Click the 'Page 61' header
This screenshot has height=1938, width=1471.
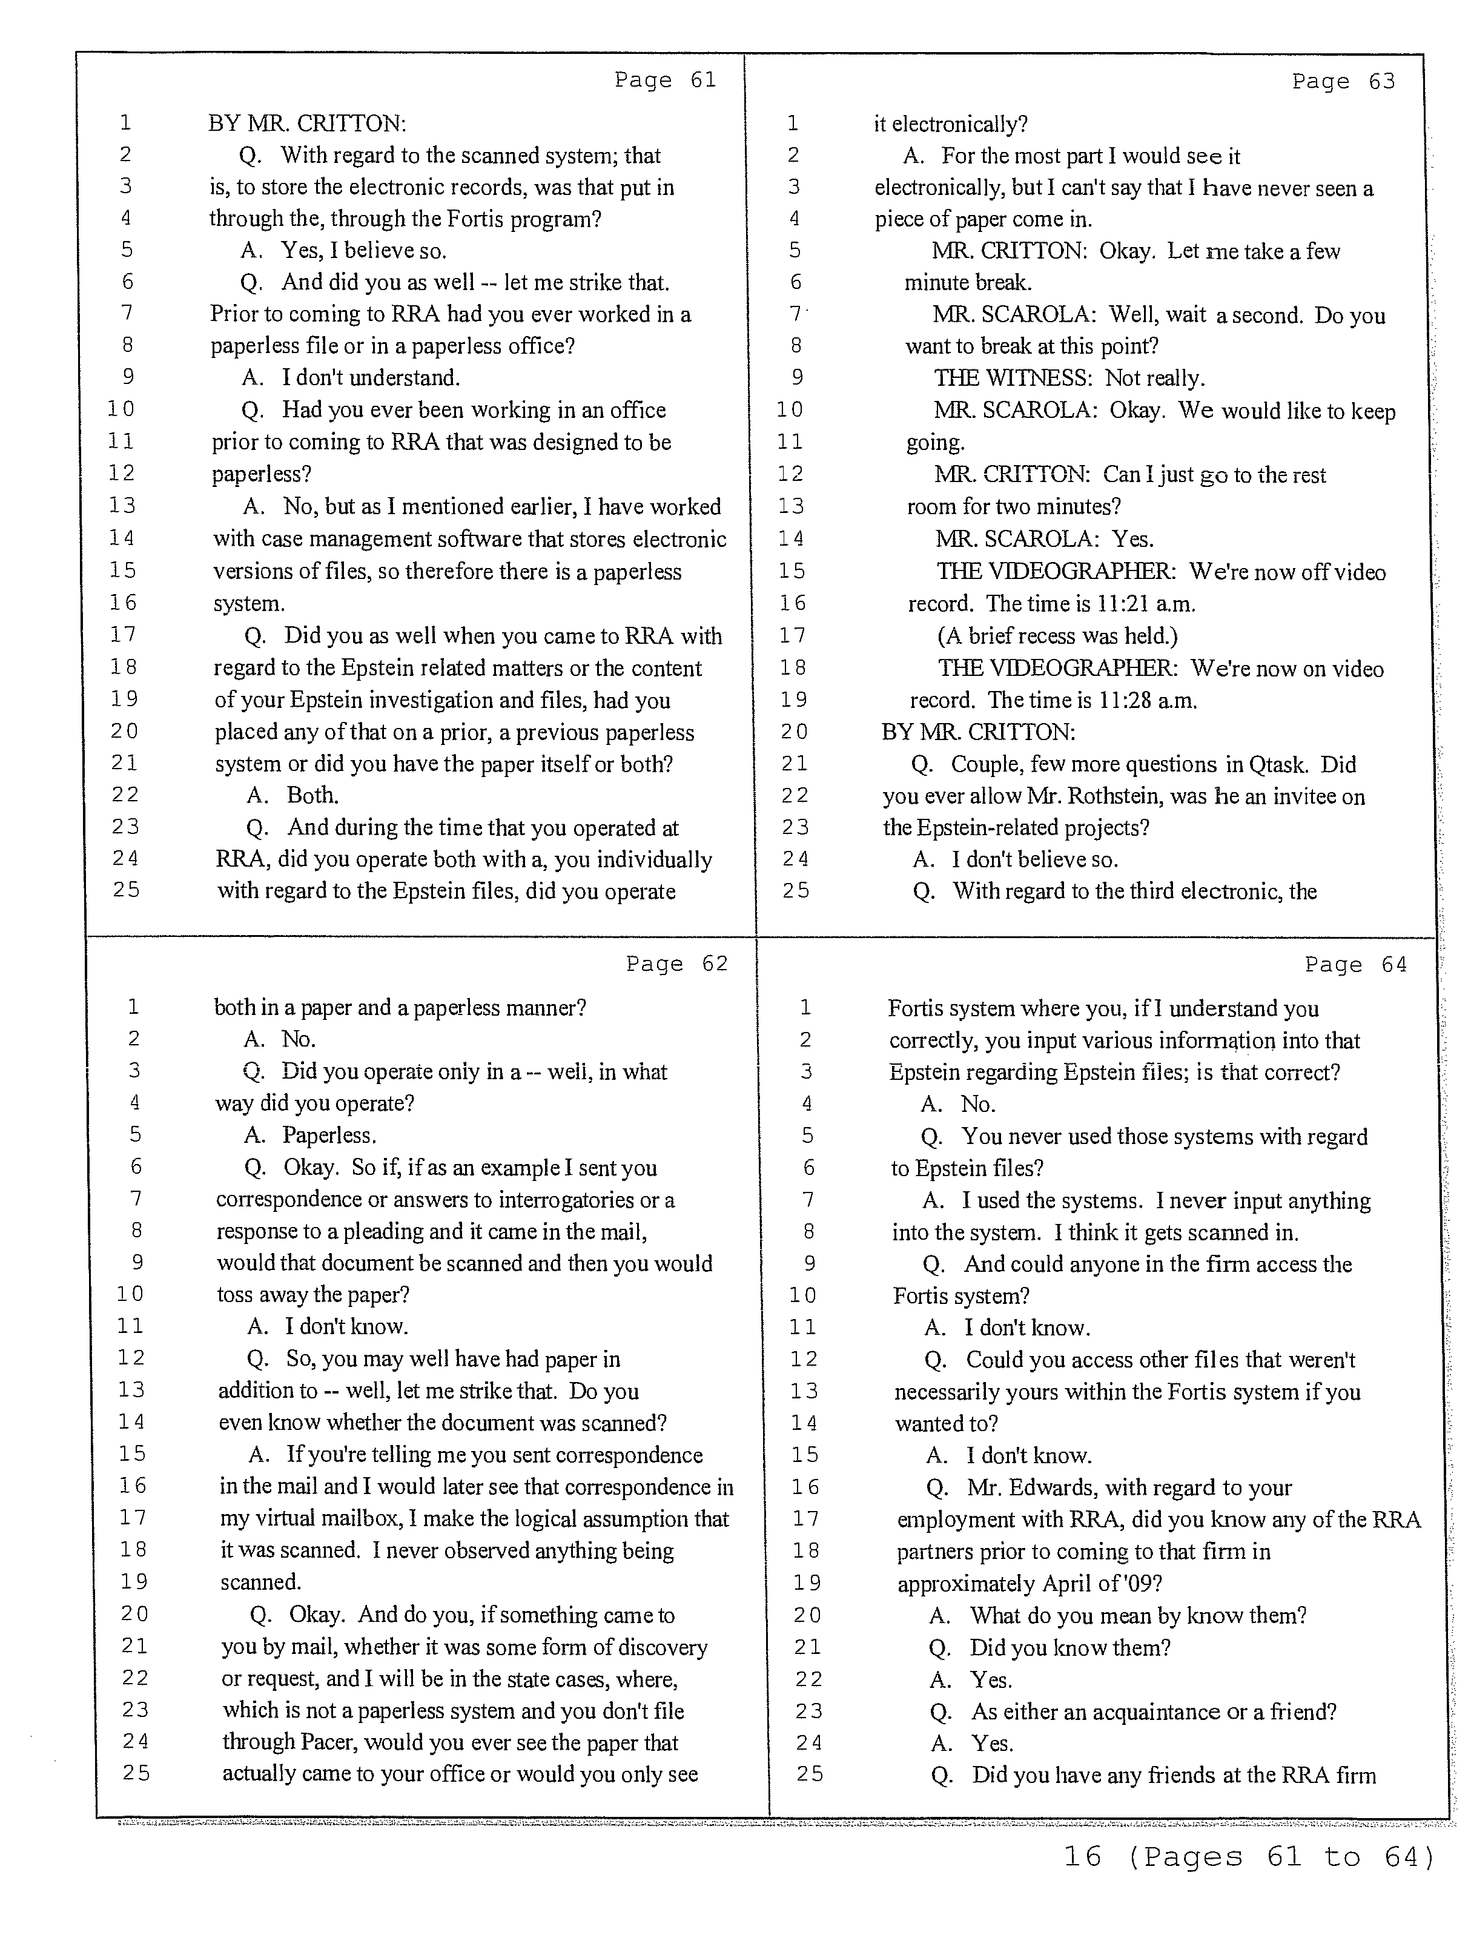(x=665, y=81)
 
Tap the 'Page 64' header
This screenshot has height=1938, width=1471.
(x=1355, y=965)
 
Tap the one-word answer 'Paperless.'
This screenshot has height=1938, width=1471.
(x=329, y=1136)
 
